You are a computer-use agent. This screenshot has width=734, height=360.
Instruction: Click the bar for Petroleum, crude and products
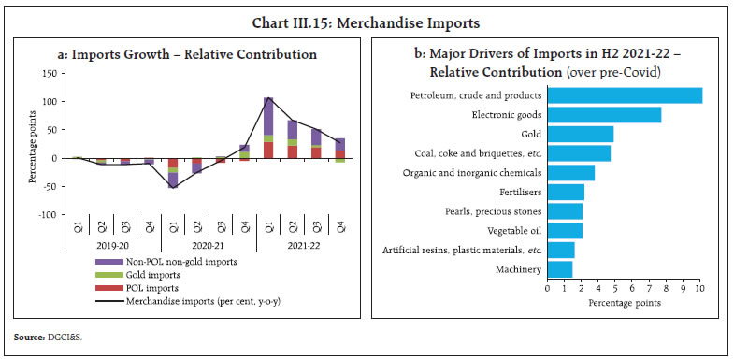point(624,95)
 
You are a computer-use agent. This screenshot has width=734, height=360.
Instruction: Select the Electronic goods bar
point(603,115)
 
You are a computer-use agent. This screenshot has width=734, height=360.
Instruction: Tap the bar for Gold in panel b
point(580,134)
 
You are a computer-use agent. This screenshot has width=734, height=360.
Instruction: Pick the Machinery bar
point(559,270)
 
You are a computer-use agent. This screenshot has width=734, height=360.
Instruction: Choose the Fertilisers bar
point(565,193)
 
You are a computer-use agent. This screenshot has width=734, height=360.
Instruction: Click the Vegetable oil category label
point(511,231)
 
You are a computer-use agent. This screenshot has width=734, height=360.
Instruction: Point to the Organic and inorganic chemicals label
point(472,173)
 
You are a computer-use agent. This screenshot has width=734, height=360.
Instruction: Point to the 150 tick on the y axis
point(48,72)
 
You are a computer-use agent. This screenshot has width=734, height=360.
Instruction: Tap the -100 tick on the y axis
point(46,215)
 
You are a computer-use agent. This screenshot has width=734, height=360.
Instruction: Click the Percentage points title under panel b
point(624,303)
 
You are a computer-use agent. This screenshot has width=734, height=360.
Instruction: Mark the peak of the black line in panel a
point(268,97)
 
